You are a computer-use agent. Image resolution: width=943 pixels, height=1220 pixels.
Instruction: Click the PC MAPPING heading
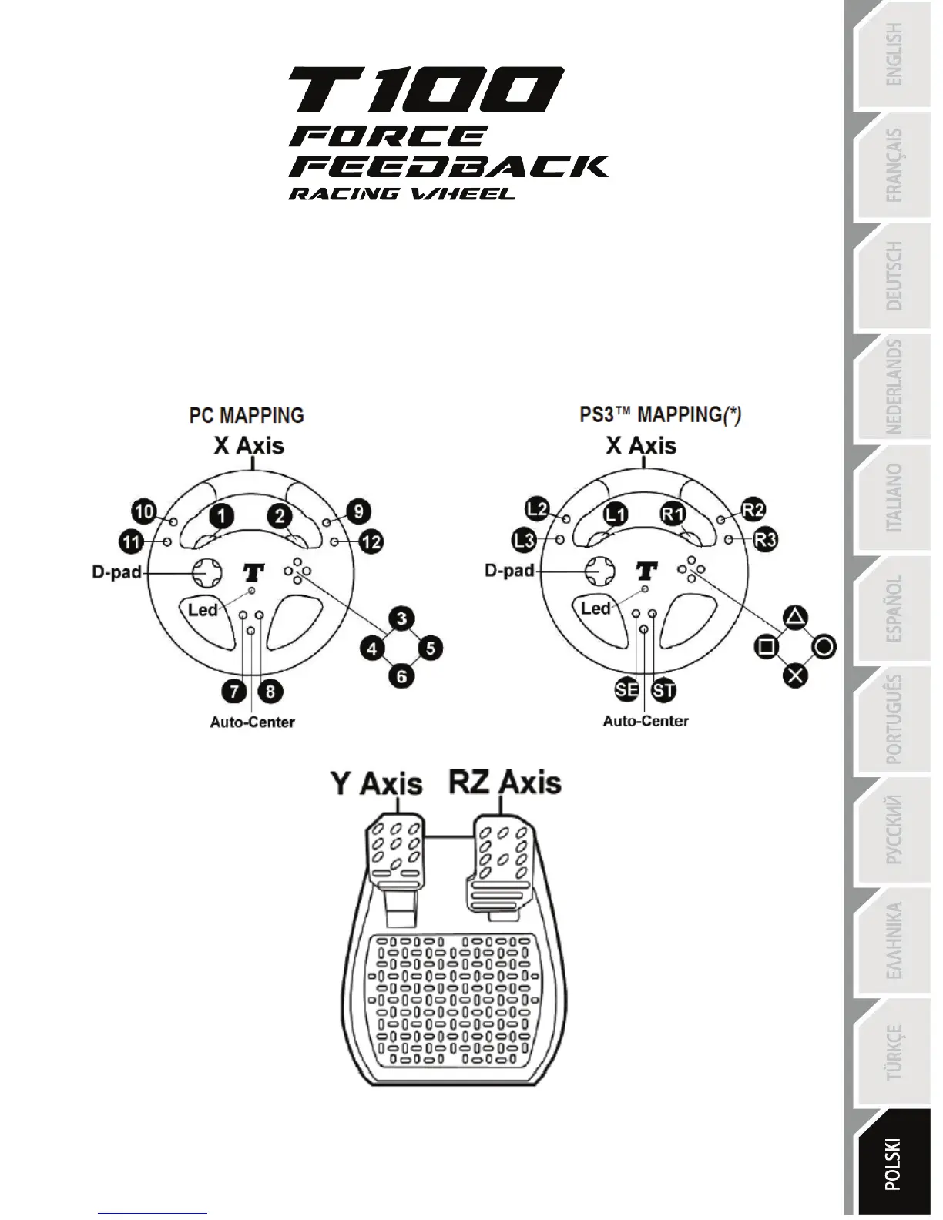(247, 415)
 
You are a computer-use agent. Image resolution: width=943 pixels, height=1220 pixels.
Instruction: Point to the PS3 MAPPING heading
(660, 415)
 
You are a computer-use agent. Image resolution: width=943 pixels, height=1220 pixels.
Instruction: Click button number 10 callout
(144, 511)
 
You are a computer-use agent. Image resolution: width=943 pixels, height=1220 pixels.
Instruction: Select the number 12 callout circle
(371, 542)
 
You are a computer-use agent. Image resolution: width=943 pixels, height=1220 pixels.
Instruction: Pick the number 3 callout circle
(401, 618)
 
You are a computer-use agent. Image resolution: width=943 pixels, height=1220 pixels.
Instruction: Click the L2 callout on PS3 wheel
(537, 509)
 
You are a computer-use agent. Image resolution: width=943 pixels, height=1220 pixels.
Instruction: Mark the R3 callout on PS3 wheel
(765, 540)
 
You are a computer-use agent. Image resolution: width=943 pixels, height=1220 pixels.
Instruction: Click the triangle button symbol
(796, 616)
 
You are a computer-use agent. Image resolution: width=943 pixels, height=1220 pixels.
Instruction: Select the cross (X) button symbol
(796, 676)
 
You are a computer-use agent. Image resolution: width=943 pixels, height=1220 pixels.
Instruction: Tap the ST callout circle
(663, 689)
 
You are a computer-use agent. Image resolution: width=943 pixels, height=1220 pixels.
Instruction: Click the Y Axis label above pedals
(377, 784)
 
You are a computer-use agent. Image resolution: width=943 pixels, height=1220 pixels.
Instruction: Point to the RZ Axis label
(505, 783)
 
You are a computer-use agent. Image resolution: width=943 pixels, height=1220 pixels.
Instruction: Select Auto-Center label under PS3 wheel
(646, 721)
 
